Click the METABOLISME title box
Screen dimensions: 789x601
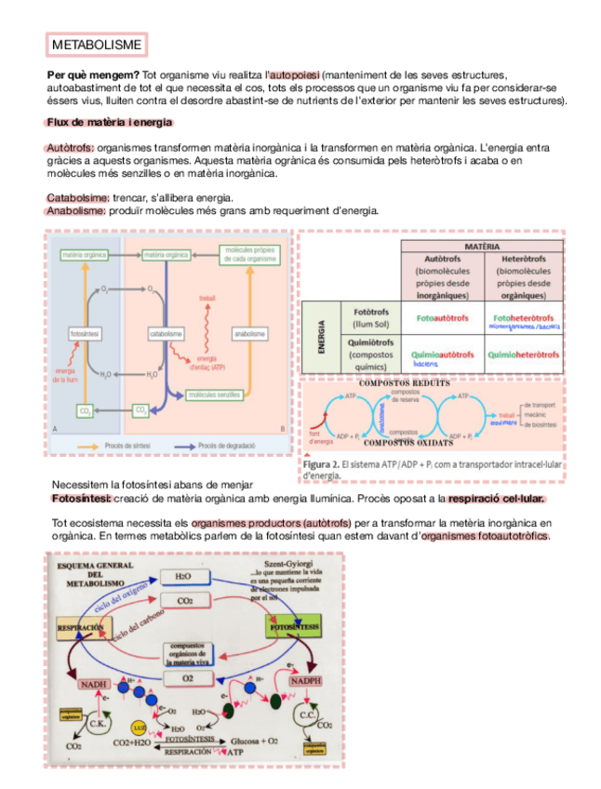click(97, 44)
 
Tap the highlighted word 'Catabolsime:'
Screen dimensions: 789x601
click(78, 198)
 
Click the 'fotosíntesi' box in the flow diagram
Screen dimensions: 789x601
click(86, 332)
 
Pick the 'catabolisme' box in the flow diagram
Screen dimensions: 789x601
click(166, 332)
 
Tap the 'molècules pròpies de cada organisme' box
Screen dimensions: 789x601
click(250, 255)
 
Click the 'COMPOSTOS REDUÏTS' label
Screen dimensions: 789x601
click(405, 383)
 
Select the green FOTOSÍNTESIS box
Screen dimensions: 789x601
click(293, 627)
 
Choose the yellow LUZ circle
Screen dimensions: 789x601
click(139, 727)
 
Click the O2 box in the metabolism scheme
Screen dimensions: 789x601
click(189, 679)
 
